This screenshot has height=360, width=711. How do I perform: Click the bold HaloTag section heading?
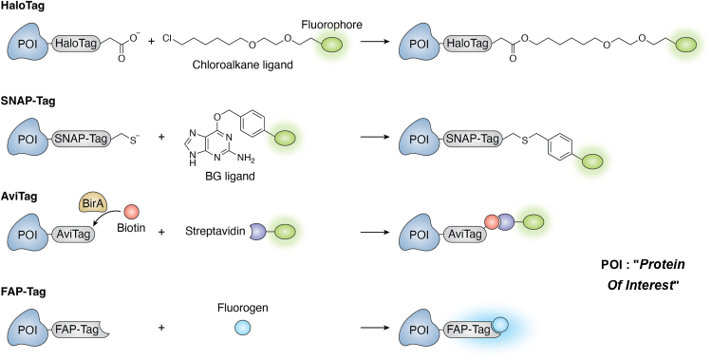[x=28, y=8]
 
